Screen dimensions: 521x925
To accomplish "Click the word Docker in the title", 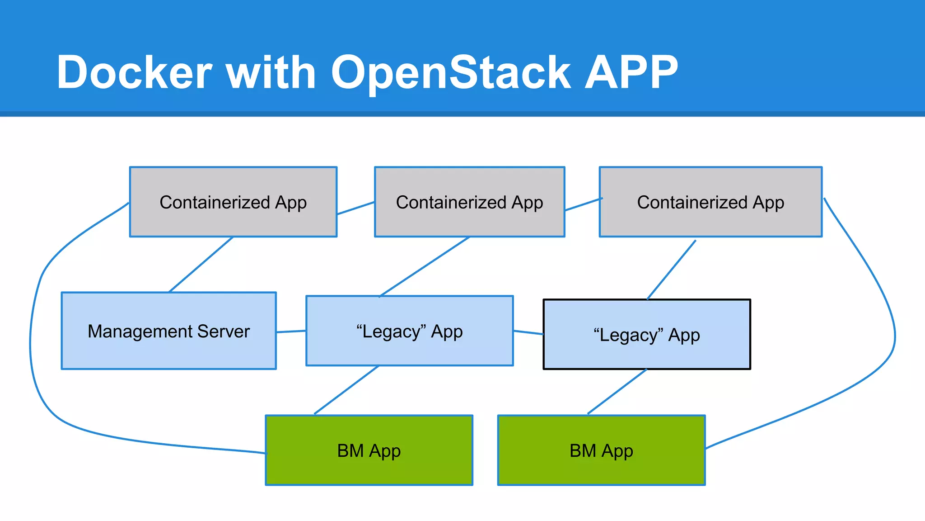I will pyautogui.click(x=134, y=72).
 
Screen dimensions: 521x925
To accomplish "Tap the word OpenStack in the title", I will pyautogui.click(x=451, y=72).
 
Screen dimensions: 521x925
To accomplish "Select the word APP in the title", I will pyautogui.click(x=631, y=72).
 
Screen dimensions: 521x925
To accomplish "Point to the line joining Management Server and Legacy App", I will pyautogui.click(x=291, y=332).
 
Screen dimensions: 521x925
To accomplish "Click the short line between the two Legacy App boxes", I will pyautogui.click(x=528, y=332).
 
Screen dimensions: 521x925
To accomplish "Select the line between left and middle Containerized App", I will pyautogui.click(x=355, y=208).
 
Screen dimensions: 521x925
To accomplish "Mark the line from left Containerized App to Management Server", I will pyautogui.click(x=201, y=264).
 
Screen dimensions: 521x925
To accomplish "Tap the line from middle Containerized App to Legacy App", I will pyautogui.click(x=424, y=267).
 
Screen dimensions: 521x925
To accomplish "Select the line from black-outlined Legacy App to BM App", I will pyautogui.click(x=617, y=392).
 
